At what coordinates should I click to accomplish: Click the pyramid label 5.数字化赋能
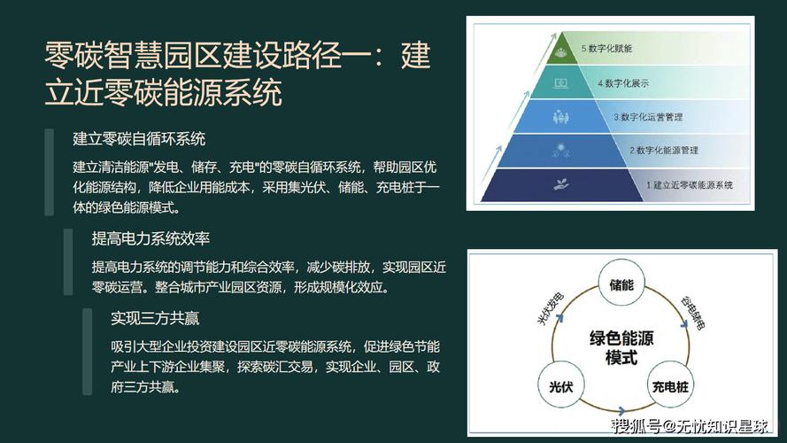[606, 49]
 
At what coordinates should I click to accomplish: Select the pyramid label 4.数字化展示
[623, 83]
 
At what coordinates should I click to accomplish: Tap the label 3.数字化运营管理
[648, 117]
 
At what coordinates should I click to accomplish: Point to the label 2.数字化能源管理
[664, 151]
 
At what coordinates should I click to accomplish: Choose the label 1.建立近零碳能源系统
[690, 185]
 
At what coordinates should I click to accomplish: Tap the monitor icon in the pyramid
[560, 83]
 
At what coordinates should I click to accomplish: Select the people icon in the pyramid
[560, 117]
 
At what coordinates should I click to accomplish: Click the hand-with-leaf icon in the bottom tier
[560, 185]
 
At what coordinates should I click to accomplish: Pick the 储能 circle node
[621, 284]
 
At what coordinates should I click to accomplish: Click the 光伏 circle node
[560, 386]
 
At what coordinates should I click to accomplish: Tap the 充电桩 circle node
[670, 386]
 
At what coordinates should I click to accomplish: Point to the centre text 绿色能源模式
[621, 347]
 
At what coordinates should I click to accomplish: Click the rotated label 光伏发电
[551, 308]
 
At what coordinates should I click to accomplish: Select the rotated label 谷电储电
[692, 313]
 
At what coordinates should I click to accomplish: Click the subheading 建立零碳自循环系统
[139, 138]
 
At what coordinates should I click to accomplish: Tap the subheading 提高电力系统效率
[150, 238]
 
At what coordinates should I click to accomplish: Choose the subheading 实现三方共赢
[155, 318]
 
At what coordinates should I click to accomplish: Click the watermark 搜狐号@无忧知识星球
[691, 426]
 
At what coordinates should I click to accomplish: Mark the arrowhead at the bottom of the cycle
[621, 411]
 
